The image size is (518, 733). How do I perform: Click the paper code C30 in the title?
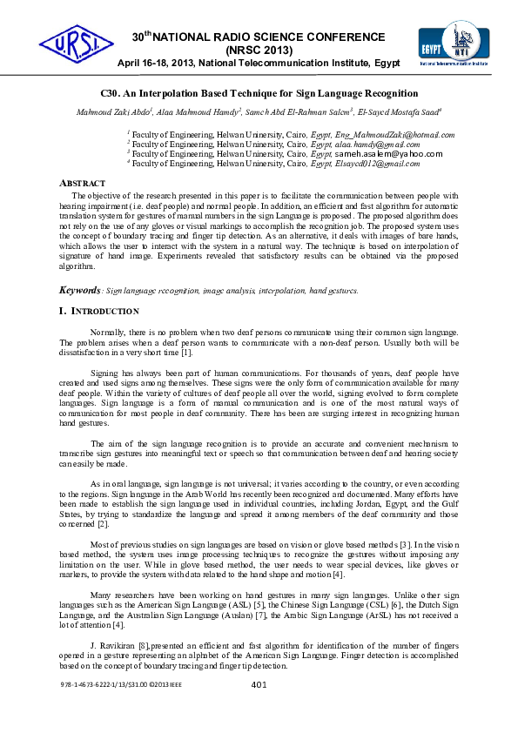[109, 93]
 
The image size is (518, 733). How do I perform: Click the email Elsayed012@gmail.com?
[377, 163]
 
